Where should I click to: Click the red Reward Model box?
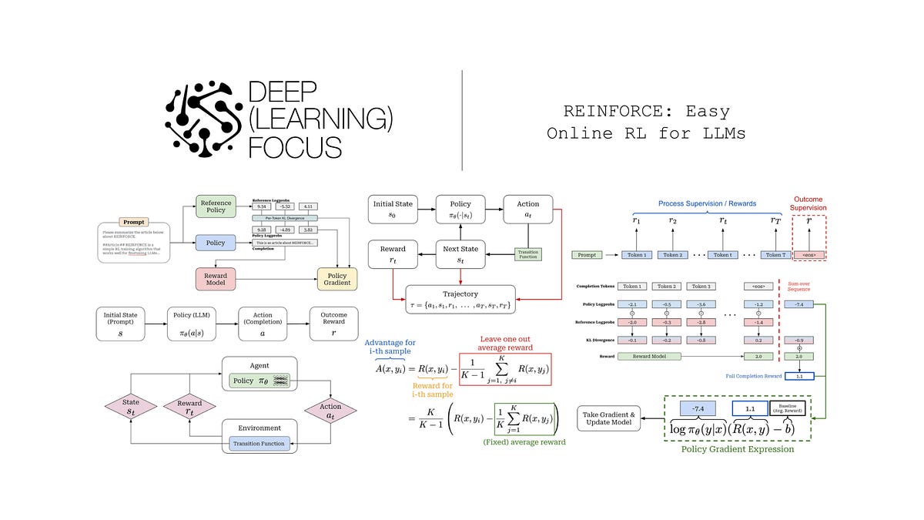click(216, 278)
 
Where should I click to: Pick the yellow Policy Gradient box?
click(337, 278)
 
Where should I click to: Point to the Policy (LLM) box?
click(193, 324)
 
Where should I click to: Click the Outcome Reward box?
click(333, 324)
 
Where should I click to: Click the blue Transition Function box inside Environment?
click(259, 444)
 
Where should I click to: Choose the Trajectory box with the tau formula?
click(460, 300)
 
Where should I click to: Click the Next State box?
click(460, 253)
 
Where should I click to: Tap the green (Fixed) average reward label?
click(524, 442)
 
